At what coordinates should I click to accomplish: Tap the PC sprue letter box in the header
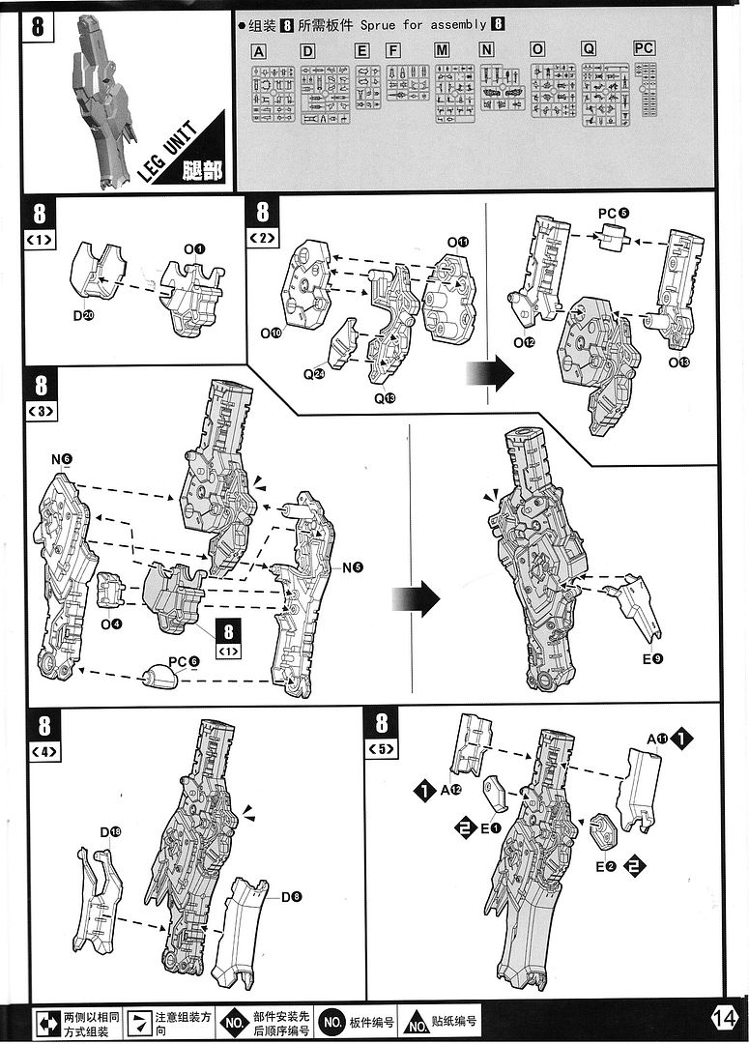[645, 48]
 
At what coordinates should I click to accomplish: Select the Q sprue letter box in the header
[589, 49]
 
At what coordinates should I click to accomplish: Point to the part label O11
[457, 242]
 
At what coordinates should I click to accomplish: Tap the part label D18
[110, 831]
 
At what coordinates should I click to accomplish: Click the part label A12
[450, 790]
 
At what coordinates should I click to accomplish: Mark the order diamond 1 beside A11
[683, 739]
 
